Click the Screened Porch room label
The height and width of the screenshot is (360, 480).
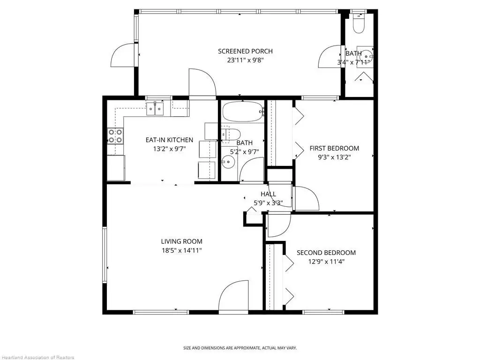245,51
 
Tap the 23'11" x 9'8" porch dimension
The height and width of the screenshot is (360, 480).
245,60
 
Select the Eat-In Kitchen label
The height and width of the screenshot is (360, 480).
169,140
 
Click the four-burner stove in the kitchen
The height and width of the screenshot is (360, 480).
115,136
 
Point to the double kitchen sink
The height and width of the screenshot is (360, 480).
155,109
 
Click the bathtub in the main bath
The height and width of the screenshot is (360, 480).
243,112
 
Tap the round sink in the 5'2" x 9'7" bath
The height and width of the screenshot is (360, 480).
228,162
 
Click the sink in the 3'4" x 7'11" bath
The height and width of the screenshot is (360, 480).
366,56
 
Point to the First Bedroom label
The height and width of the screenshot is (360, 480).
334,149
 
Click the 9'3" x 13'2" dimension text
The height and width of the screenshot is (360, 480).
334,157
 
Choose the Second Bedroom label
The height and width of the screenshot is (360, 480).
326,253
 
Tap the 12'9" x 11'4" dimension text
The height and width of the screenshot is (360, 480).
326,262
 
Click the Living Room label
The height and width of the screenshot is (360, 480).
182,241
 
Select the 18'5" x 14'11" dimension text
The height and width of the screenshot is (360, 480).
182,250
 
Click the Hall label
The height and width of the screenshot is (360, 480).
269,194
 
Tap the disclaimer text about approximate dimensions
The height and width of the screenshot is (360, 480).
240,348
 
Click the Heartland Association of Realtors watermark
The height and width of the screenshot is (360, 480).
37,357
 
